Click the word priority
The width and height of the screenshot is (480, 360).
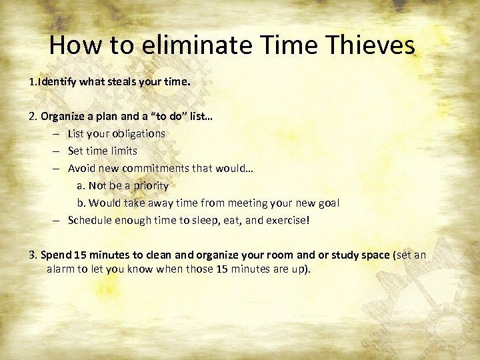point(149,185)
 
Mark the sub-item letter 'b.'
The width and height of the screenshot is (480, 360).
point(81,203)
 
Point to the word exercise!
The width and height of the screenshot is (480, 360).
point(285,220)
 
